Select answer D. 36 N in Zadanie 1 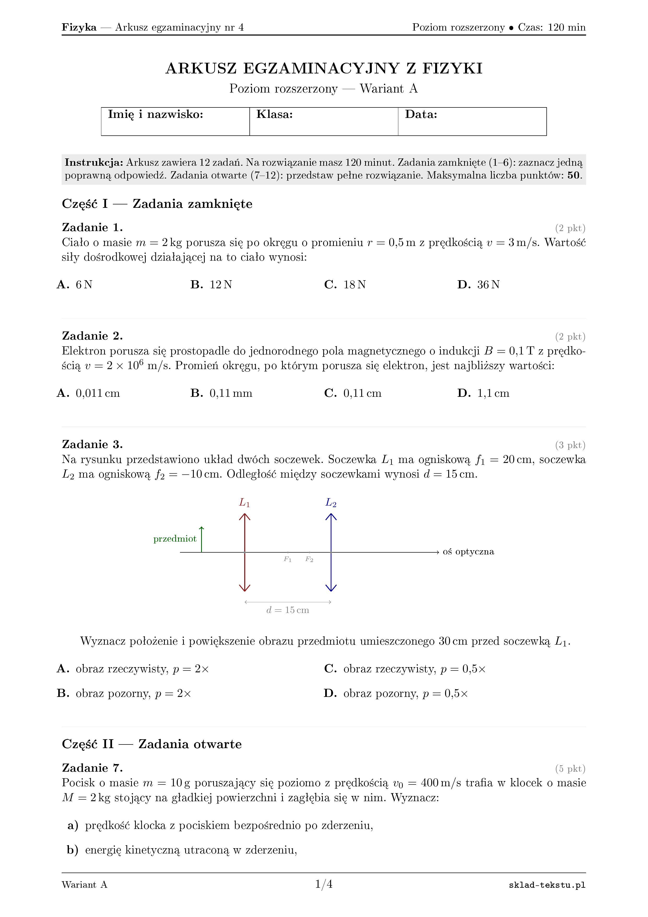pos(478,284)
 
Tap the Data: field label pos(421,114)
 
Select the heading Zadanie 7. pos(92,768)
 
